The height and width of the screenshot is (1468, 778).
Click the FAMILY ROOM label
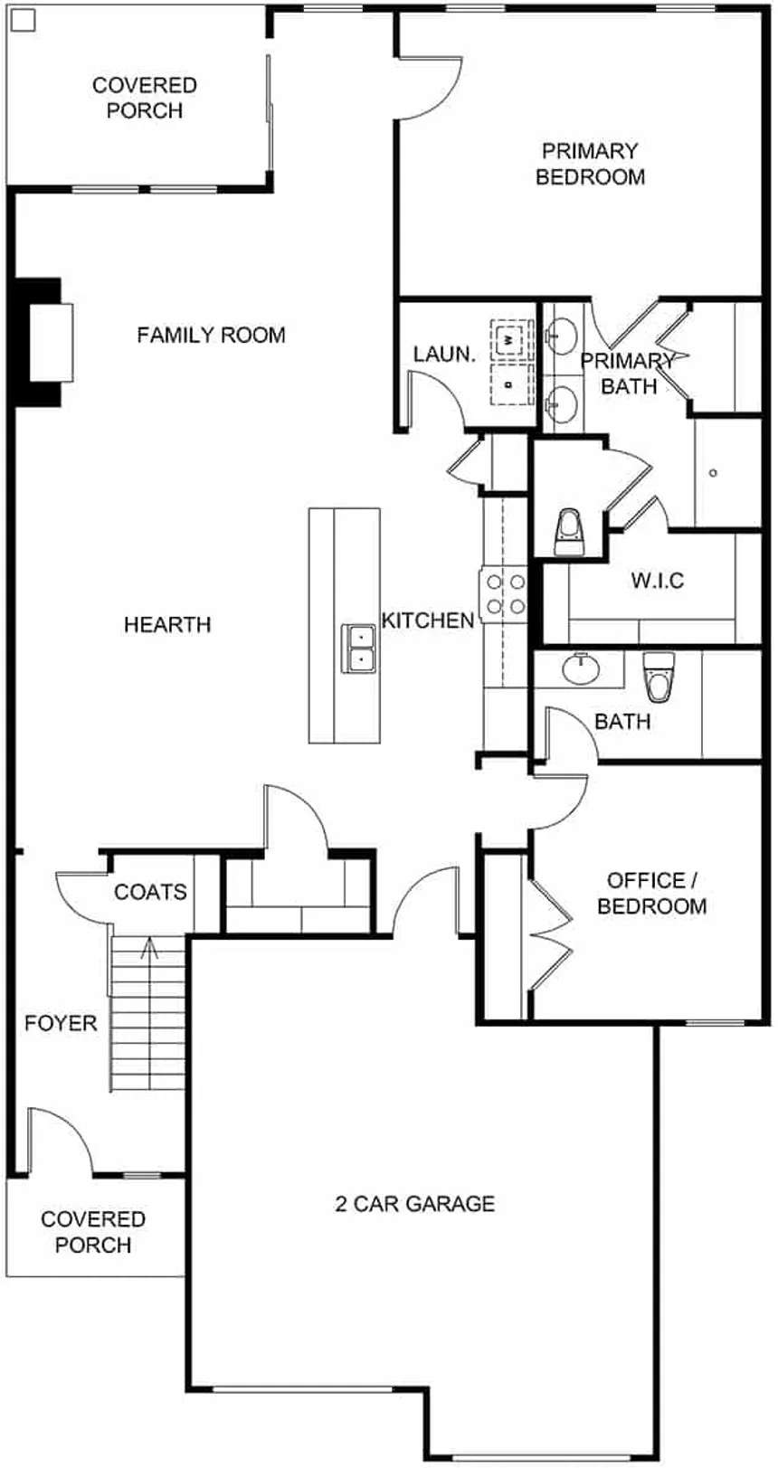click(x=211, y=335)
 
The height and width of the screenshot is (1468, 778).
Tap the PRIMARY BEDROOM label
click(x=590, y=164)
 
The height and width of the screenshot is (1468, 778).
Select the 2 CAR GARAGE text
click(x=415, y=1203)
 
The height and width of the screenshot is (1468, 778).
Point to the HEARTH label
click(x=167, y=624)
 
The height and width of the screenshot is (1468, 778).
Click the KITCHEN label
click(x=427, y=620)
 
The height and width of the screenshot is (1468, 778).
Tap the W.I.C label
click(x=658, y=580)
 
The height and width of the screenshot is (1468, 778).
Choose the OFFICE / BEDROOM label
click(x=651, y=894)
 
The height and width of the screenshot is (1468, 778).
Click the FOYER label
click(x=61, y=1023)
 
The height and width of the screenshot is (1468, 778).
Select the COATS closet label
click(x=150, y=892)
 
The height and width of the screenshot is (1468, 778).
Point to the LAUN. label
click(x=443, y=355)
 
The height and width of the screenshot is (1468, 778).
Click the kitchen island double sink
click(x=358, y=648)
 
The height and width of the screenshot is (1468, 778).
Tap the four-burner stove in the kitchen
click(x=504, y=593)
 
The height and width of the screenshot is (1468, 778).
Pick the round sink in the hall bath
click(x=581, y=668)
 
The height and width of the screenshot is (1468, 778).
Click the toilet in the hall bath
click(x=659, y=677)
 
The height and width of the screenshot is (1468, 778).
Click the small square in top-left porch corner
click(x=24, y=20)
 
